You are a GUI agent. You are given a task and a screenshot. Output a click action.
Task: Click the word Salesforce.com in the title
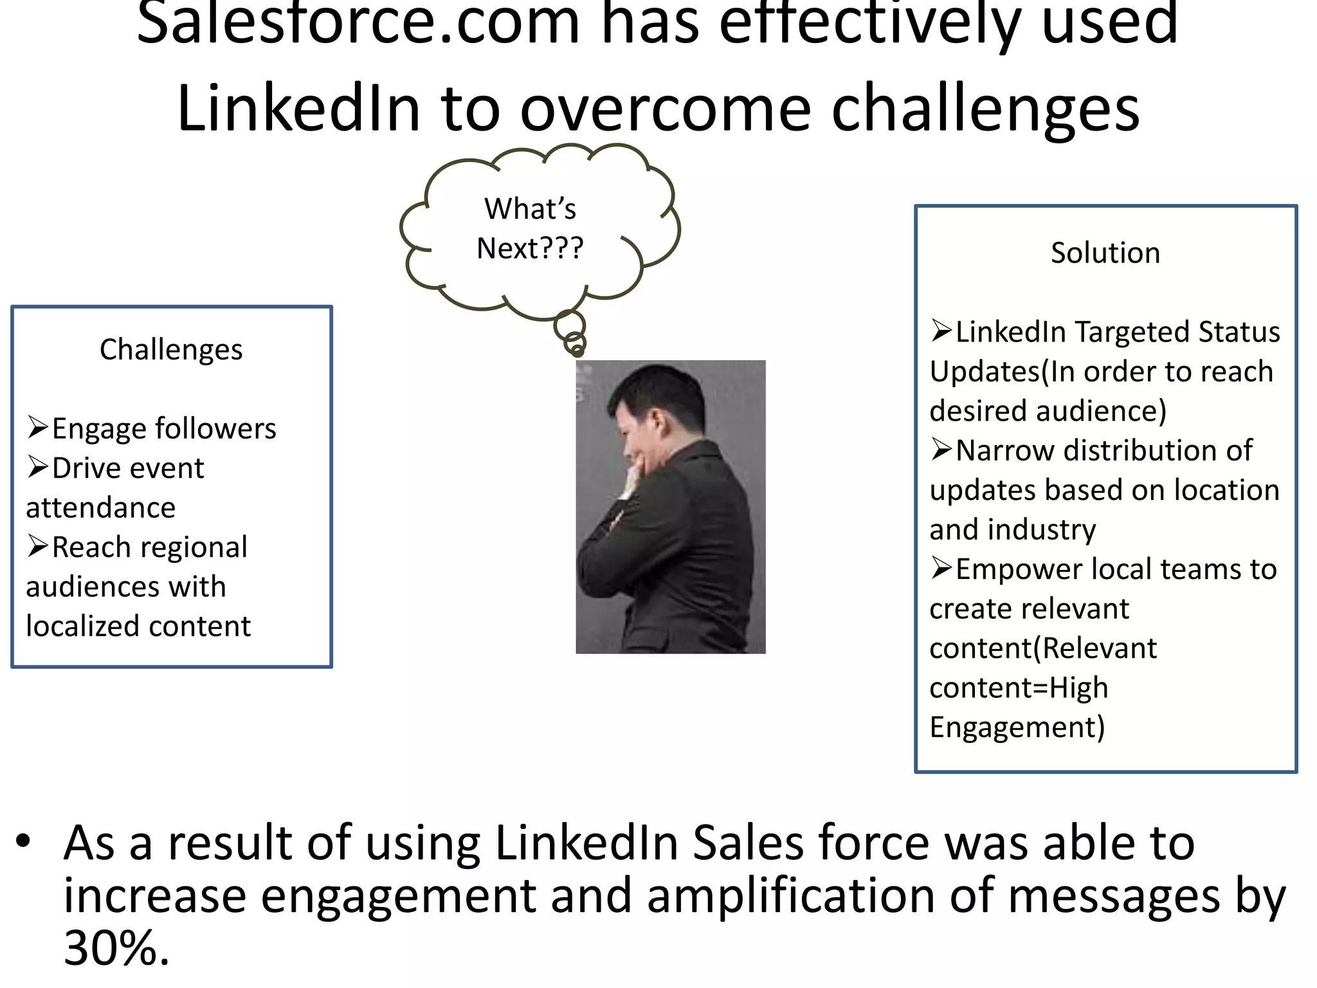click(x=358, y=24)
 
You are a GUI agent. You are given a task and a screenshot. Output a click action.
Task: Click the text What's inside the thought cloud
click(x=530, y=208)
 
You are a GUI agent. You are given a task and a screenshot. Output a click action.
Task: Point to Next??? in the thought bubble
click(x=530, y=248)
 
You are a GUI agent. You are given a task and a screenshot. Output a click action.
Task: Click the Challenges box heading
click(x=171, y=350)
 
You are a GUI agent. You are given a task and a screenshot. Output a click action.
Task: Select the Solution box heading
click(x=1105, y=253)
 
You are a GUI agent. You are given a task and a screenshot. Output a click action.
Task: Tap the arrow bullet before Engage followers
click(x=38, y=427)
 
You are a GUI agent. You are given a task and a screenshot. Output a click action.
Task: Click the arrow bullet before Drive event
click(x=38, y=467)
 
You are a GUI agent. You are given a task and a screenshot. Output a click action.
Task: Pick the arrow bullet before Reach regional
click(x=38, y=546)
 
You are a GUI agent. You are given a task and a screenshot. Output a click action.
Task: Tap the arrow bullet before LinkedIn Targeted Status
click(x=941, y=331)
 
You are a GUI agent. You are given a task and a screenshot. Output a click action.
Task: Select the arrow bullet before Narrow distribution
click(x=941, y=449)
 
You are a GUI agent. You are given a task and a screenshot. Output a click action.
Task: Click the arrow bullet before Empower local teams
click(x=941, y=568)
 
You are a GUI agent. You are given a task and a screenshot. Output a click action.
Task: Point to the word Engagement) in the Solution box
click(x=1017, y=727)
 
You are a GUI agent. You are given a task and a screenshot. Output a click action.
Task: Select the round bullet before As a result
click(x=24, y=841)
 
